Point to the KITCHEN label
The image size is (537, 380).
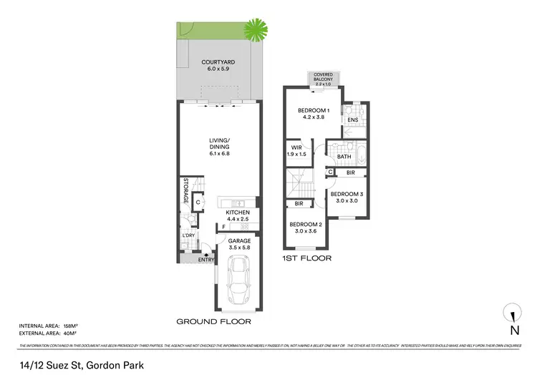(x=237, y=213)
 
